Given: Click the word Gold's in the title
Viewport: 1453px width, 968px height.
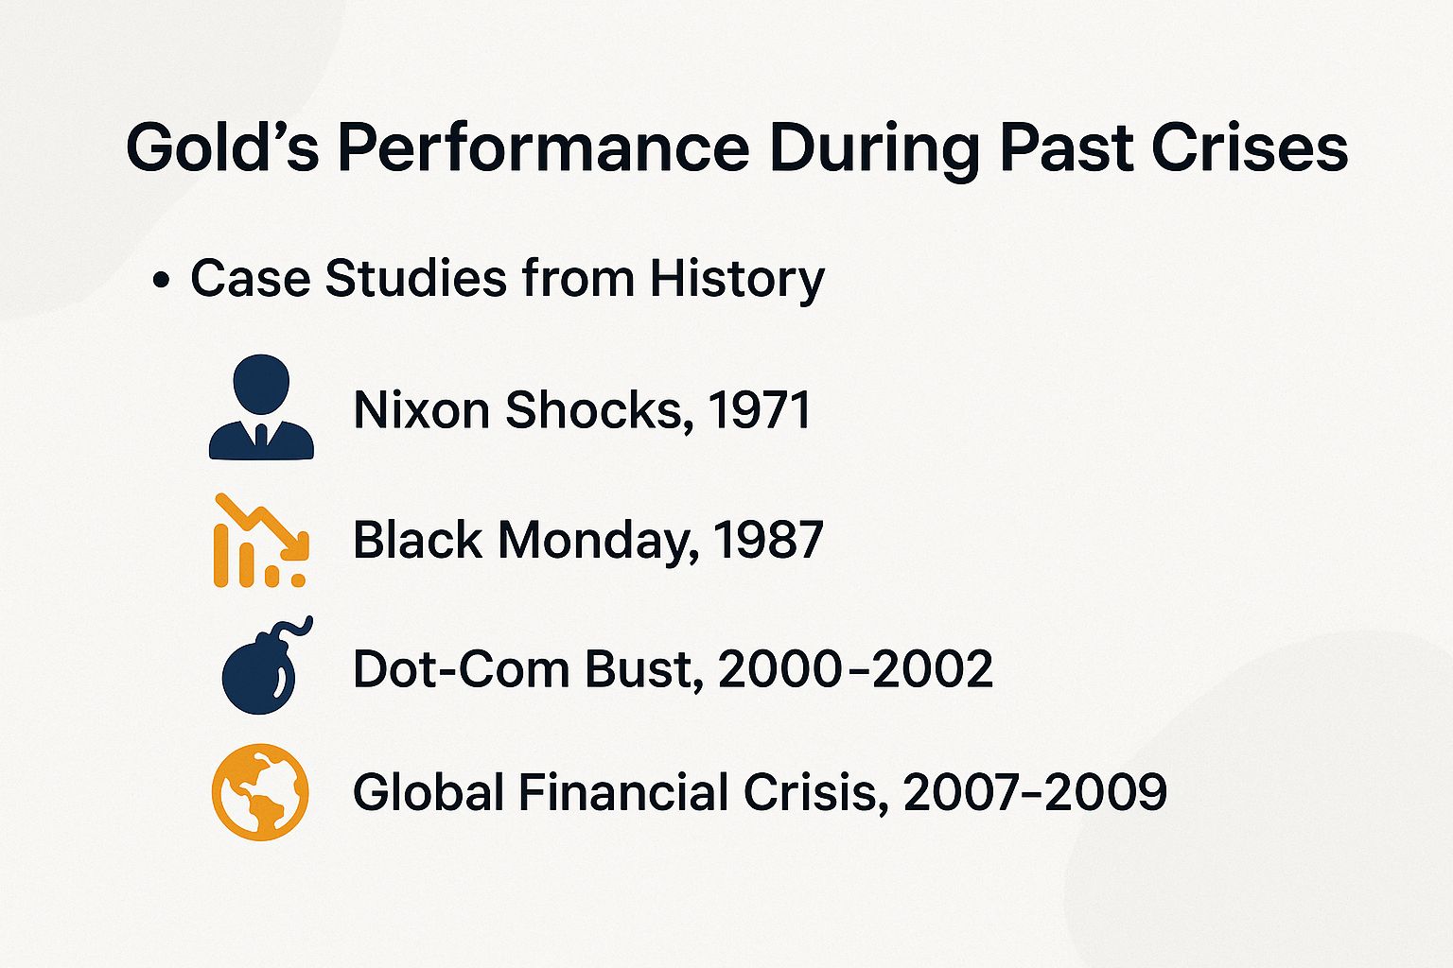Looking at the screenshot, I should [222, 148].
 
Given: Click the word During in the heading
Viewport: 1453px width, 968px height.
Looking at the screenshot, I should [873, 148].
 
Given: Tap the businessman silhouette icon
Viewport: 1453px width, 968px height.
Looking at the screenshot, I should [261, 407].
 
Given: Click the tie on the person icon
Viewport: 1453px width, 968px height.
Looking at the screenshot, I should [261, 437].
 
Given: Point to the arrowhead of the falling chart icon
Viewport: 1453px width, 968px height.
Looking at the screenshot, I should [298, 547].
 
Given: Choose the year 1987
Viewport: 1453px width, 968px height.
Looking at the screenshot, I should [768, 540].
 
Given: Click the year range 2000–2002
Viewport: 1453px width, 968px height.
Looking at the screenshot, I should [855, 669].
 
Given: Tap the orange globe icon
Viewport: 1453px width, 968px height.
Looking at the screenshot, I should [260, 792].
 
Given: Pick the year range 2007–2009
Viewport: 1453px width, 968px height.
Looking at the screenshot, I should [1035, 792].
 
